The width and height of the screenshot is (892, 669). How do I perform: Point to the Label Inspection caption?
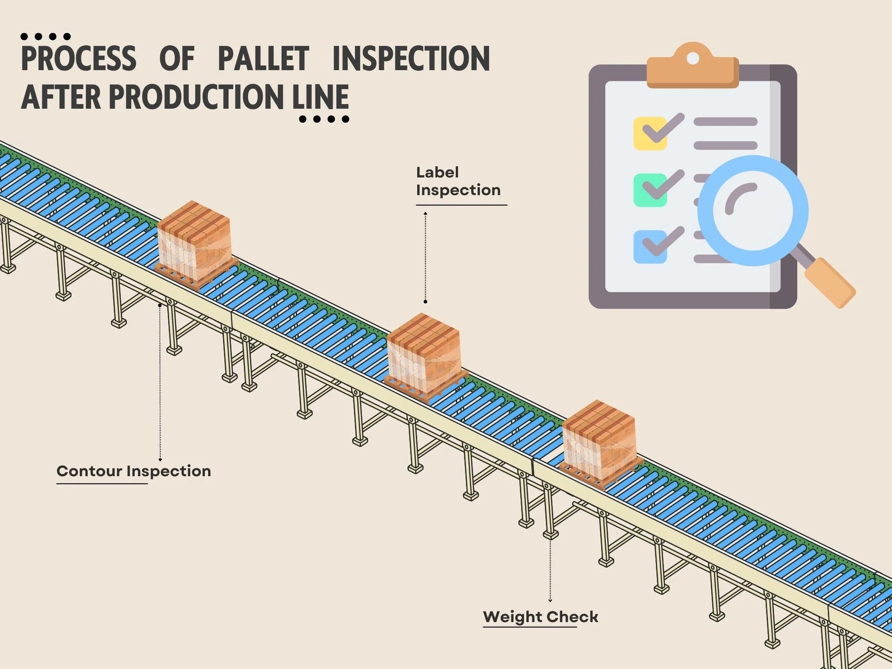tap(458, 181)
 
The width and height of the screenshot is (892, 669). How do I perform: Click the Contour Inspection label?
tap(134, 471)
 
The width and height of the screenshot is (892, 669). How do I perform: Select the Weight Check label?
tap(540, 617)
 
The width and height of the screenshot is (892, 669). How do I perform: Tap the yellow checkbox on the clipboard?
tap(649, 134)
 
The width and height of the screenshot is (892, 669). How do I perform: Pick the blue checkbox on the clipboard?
tap(649, 247)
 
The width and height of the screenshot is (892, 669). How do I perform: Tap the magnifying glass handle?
tap(830, 282)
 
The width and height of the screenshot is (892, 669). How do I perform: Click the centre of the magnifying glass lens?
tap(753, 210)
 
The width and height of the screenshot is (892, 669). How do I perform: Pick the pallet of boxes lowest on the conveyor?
tap(600, 442)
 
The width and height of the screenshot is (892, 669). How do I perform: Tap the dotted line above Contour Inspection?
tap(160, 381)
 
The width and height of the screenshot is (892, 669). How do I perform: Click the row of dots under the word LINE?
tap(324, 119)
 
